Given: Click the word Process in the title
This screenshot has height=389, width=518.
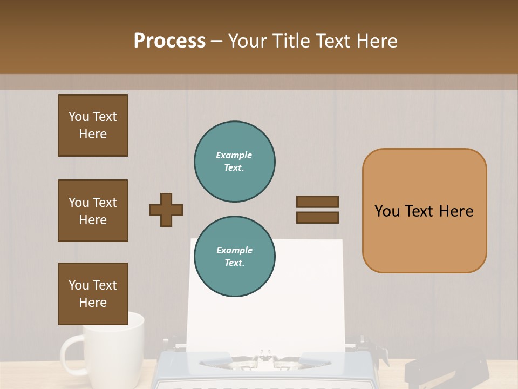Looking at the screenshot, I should pos(169,41).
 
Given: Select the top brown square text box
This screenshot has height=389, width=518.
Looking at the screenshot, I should pos(93,125).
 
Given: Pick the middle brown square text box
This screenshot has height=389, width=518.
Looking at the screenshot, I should pos(93,211).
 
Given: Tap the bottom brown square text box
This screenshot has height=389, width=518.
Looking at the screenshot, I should pos(93,294).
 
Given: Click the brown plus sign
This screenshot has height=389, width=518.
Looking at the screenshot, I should pos(166,210).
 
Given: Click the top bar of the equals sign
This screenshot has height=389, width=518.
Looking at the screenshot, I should pos(317,202).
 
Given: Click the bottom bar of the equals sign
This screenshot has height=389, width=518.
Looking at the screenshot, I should pos(317,218).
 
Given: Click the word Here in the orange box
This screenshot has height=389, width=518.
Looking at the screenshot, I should pos(456,211).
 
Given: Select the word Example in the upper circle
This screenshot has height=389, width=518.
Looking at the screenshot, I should pos(234,155).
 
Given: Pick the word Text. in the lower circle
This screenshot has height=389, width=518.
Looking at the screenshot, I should pos(234,263).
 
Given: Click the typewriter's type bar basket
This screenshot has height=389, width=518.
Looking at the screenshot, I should pos(264,359).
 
